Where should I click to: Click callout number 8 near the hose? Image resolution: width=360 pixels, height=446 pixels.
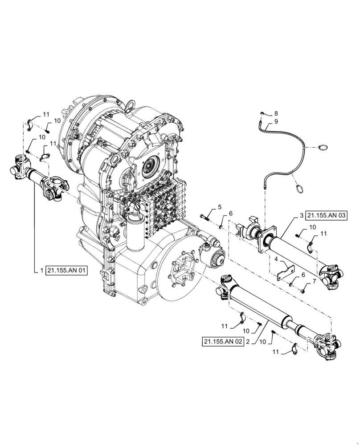pos(276,113)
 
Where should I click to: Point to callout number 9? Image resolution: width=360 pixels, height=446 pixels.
pos(276,121)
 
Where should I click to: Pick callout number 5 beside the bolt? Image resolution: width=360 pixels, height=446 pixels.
pos(220,207)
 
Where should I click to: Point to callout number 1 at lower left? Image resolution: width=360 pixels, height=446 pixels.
pos(41,271)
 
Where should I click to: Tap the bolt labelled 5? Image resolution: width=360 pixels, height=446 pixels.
pos(205,217)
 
